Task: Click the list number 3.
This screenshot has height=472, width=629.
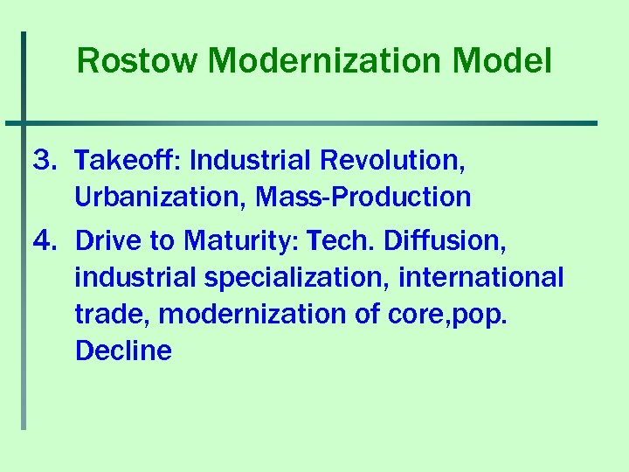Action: point(44,161)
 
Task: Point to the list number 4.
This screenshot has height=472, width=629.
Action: point(44,239)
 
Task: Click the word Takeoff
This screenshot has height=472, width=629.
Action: point(127,161)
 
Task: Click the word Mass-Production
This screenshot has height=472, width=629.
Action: point(363,198)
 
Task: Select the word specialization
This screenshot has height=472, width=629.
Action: point(297,277)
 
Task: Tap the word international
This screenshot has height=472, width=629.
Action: point(481,277)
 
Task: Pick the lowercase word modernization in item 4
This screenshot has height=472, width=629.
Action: point(252,314)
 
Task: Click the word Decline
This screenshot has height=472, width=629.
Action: point(123,351)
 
